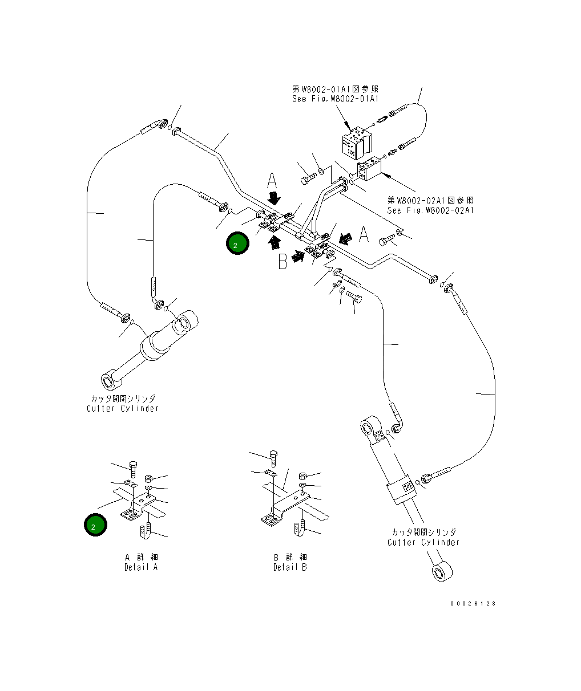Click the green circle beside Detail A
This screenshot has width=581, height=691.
coord(95,525)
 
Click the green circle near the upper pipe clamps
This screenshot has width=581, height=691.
coord(237,243)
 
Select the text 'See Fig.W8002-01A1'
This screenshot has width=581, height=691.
coord(335,99)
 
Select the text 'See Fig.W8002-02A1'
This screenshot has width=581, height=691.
coord(430,210)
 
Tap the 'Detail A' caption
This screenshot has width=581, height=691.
coord(140,567)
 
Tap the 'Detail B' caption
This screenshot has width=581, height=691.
coord(290,567)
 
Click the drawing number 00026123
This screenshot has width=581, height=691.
coord(473,604)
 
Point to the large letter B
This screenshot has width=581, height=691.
coord(283,261)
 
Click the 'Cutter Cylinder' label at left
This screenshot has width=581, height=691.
coord(123,408)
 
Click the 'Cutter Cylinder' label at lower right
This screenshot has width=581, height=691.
coord(423,542)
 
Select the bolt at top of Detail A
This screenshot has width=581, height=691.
coord(133,468)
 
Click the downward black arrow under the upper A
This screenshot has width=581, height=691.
coord(275,198)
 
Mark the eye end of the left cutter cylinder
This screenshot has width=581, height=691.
coord(108,379)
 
